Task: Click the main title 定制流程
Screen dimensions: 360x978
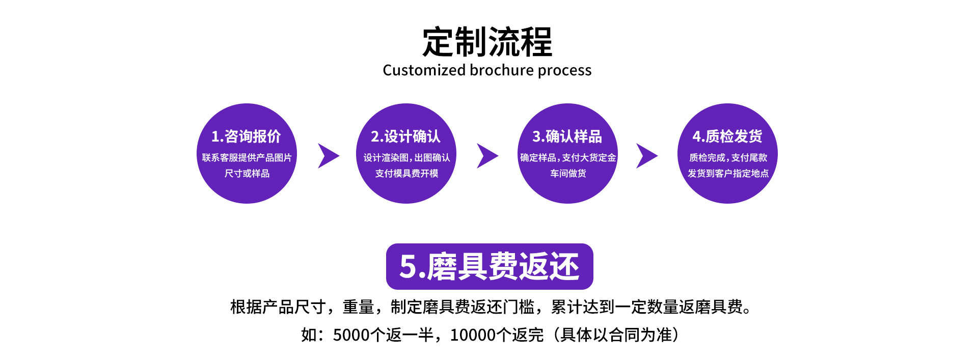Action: (x=487, y=42)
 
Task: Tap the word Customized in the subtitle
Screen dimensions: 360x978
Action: (x=424, y=70)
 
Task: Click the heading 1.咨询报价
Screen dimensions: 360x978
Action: (x=246, y=136)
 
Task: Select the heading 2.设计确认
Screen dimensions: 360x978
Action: (x=405, y=136)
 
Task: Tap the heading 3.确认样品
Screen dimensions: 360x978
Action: (x=567, y=136)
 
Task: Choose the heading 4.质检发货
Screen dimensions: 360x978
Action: (x=727, y=136)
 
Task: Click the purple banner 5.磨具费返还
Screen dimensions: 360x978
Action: (x=489, y=266)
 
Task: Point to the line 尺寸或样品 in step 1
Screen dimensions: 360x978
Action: (x=247, y=174)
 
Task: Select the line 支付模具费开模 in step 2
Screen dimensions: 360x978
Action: (x=406, y=174)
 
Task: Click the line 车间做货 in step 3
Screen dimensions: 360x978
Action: (x=568, y=174)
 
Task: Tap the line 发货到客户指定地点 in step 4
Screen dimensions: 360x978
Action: (x=728, y=174)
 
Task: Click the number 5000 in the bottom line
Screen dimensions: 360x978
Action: (x=351, y=335)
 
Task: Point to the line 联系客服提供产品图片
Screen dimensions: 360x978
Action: (x=247, y=158)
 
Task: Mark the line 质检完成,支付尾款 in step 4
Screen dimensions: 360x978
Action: (x=728, y=158)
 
